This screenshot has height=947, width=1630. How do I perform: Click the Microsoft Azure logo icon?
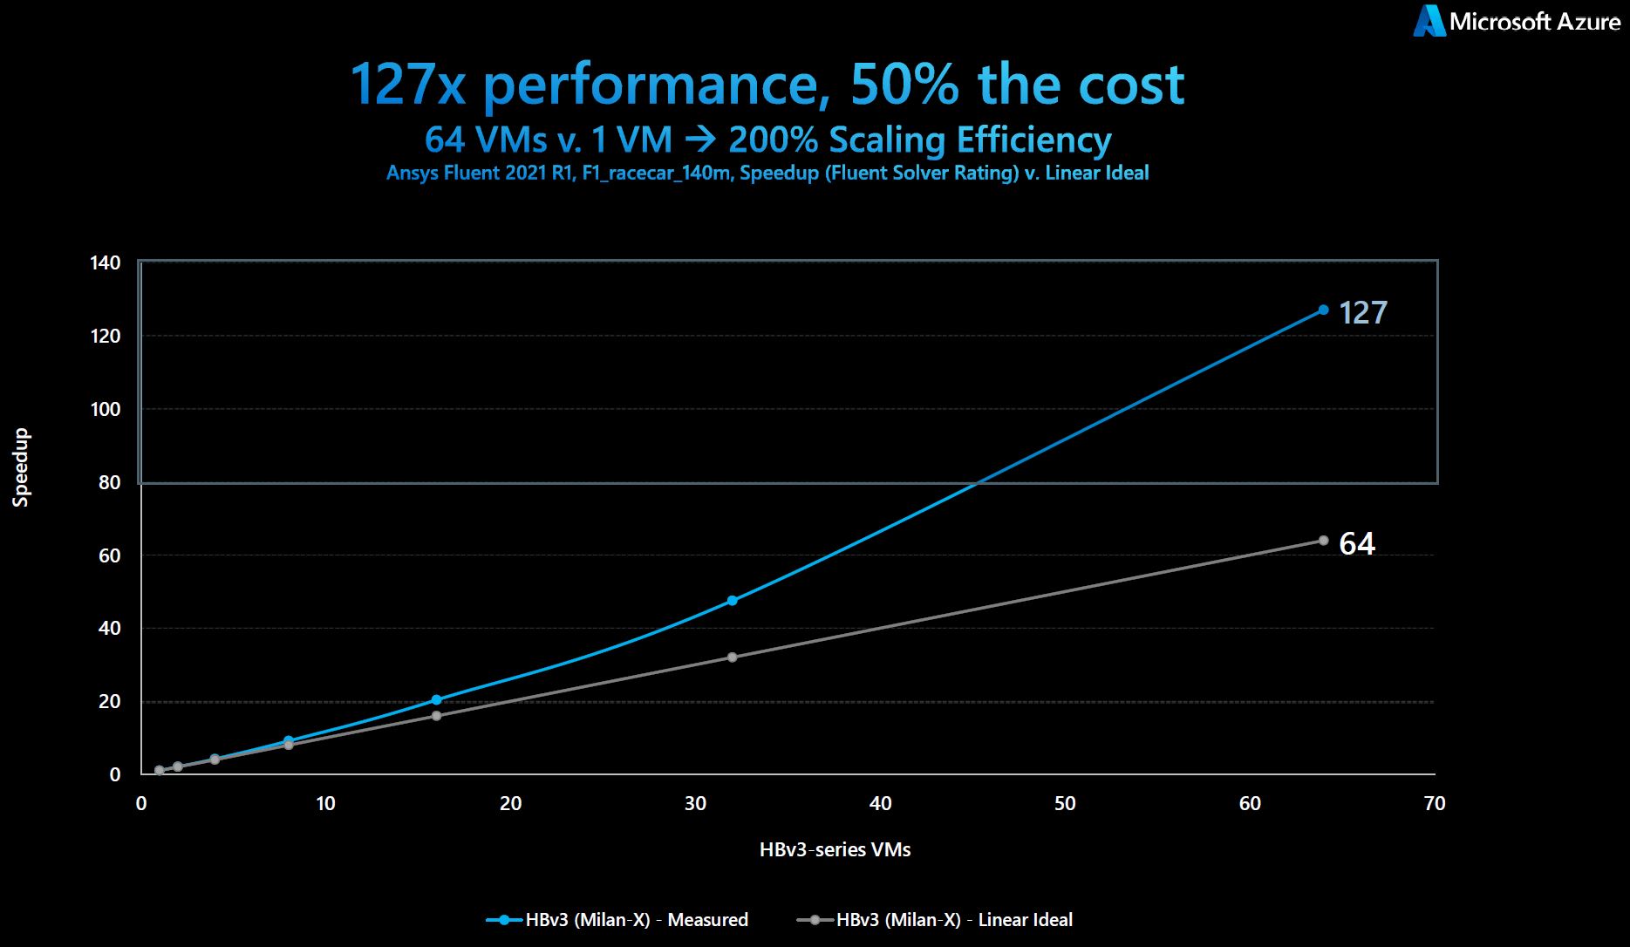coord(1429,21)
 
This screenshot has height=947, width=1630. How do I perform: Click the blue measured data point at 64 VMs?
coord(1323,310)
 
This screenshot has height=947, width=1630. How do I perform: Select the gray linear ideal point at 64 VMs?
coord(1323,541)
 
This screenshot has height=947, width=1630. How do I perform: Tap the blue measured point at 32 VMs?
coord(732,601)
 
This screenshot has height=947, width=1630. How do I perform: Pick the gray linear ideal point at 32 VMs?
coord(732,657)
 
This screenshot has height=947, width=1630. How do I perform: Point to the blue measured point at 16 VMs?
coord(437,699)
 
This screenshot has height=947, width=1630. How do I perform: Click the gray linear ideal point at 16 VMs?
coord(437,716)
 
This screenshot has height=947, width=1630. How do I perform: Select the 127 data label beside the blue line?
coord(1362,313)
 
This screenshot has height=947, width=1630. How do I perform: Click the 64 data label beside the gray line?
coord(1357,544)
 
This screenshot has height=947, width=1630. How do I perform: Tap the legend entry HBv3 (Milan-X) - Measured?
coord(636,920)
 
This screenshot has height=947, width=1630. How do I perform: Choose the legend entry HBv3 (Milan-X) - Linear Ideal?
coord(954,920)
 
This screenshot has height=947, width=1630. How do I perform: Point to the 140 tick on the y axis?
coord(106,263)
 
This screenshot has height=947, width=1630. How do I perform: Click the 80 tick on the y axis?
coord(110,482)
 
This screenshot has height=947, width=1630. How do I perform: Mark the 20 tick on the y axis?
coord(110,702)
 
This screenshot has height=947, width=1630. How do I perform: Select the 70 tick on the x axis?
coord(1435,804)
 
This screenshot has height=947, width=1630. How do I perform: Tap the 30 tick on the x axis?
coord(695,804)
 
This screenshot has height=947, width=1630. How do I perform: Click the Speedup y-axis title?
coord(21,467)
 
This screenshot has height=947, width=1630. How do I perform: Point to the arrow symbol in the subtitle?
coord(700,140)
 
